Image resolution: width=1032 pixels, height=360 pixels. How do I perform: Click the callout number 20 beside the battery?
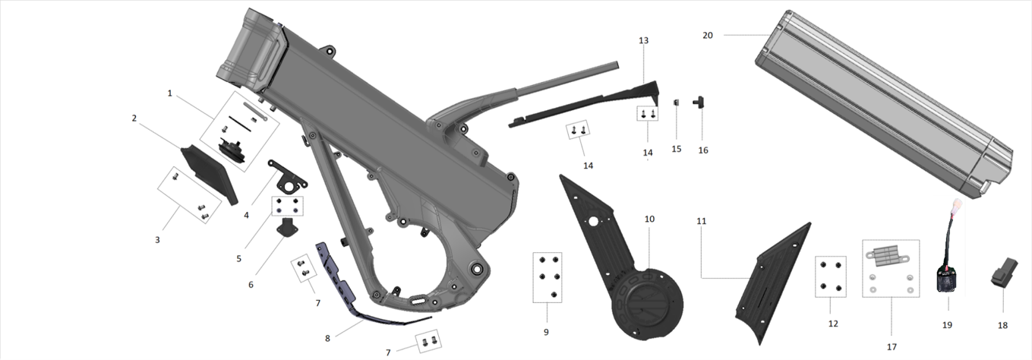pyautogui.click(x=708, y=36)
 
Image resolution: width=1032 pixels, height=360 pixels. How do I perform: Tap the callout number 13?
pyautogui.click(x=644, y=40)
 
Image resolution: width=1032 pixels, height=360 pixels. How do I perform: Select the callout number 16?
pyautogui.click(x=703, y=150)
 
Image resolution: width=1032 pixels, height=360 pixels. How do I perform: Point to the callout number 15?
pyautogui.click(x=677, y=149)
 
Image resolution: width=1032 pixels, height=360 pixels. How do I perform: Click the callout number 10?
pyautogui.click(x=649, y=219)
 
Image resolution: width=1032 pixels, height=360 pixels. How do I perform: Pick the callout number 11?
pyautogui.click(x=701, y=221)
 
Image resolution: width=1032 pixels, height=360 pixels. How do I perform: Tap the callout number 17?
pyautogui.click(x=892, y=346)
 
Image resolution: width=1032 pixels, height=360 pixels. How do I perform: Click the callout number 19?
pyautogui.click(x=947, y=325)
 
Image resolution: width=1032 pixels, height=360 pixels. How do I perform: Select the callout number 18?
pyautogui.click(x=1003, y=325)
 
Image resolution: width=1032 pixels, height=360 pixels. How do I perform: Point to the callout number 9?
pyautogui.click(x=546, y=332)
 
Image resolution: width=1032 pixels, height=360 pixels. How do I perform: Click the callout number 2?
pyautogui.click(x=134, y=118)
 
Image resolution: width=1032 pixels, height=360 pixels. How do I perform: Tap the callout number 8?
pyautogui.click(x=327, y=338)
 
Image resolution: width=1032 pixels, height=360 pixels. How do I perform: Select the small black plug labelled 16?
pyautogui.click(x=699, y=103)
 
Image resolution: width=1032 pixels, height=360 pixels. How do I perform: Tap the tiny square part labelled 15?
pyautogui.click(x=677, y=103)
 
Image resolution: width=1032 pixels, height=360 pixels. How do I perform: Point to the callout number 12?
pyautogui.click(x=833, y=324)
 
